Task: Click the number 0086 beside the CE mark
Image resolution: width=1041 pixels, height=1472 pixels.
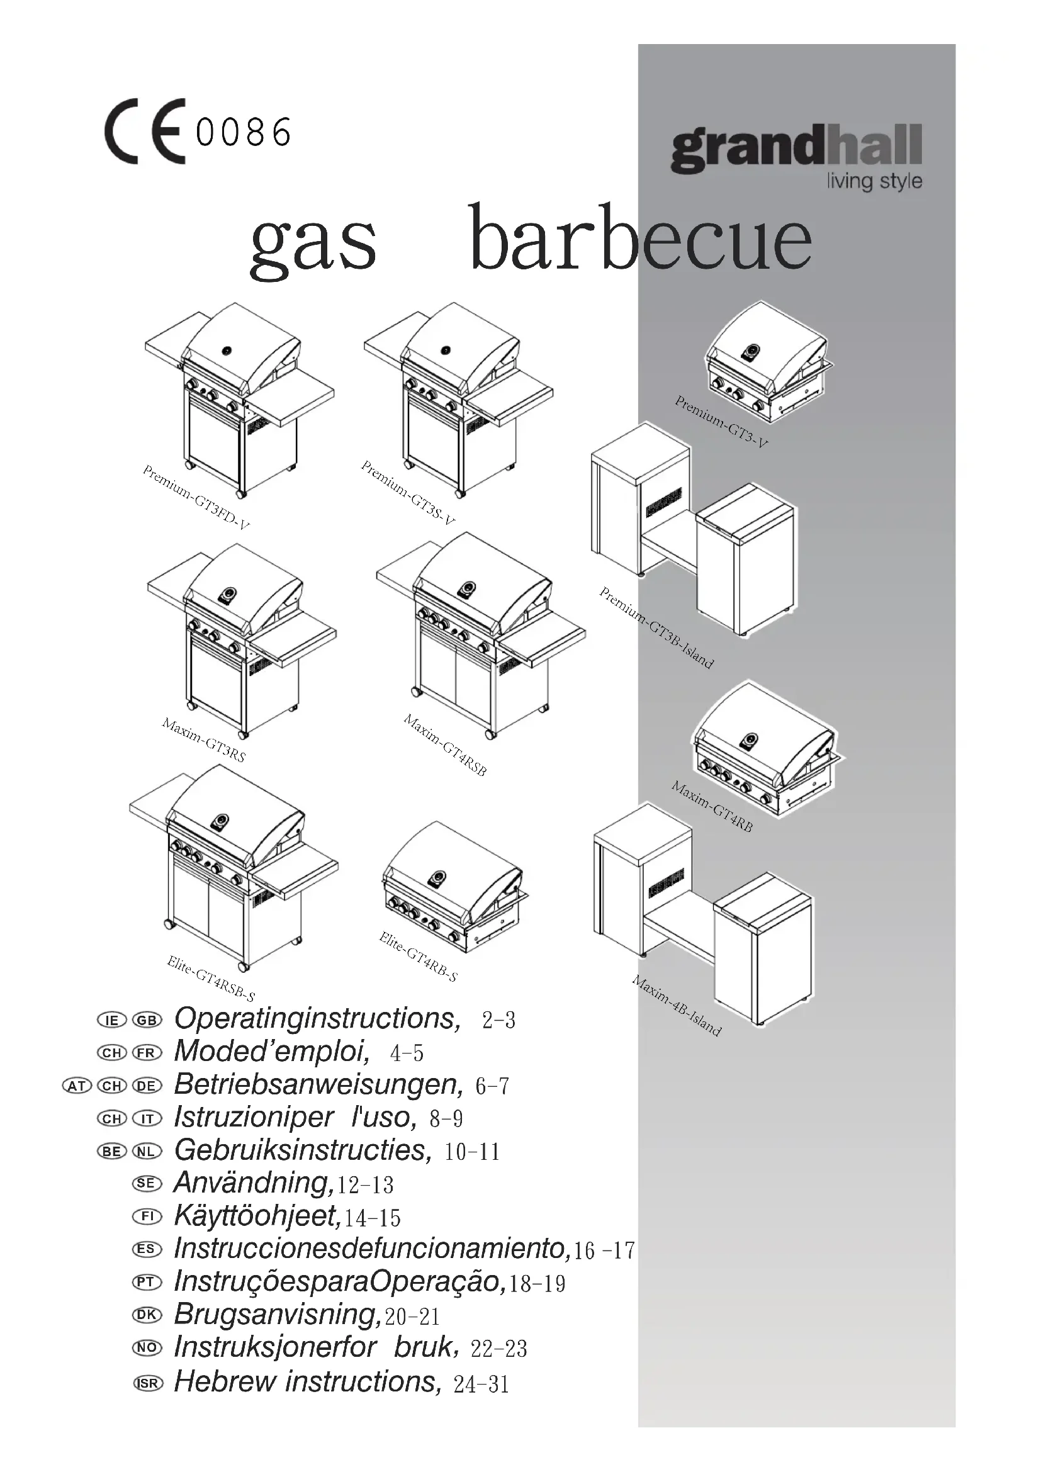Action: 244,133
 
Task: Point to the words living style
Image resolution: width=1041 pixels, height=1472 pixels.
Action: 874,181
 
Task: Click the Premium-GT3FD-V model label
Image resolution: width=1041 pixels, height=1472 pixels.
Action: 196,498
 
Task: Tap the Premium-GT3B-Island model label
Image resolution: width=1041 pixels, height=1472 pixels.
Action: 656,627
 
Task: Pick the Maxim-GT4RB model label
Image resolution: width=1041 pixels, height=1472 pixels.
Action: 712,807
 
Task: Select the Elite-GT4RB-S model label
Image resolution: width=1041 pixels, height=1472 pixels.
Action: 418,957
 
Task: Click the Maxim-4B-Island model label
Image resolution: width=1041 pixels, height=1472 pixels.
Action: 676,1005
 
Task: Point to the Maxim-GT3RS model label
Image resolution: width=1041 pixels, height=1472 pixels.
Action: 204,740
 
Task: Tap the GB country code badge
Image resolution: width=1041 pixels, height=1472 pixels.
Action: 147,1020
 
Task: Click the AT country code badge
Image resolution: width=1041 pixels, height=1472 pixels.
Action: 77,1086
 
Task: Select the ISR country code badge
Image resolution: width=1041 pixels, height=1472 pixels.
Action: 147,1383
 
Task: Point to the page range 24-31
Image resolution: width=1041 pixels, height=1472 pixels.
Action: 481,1385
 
